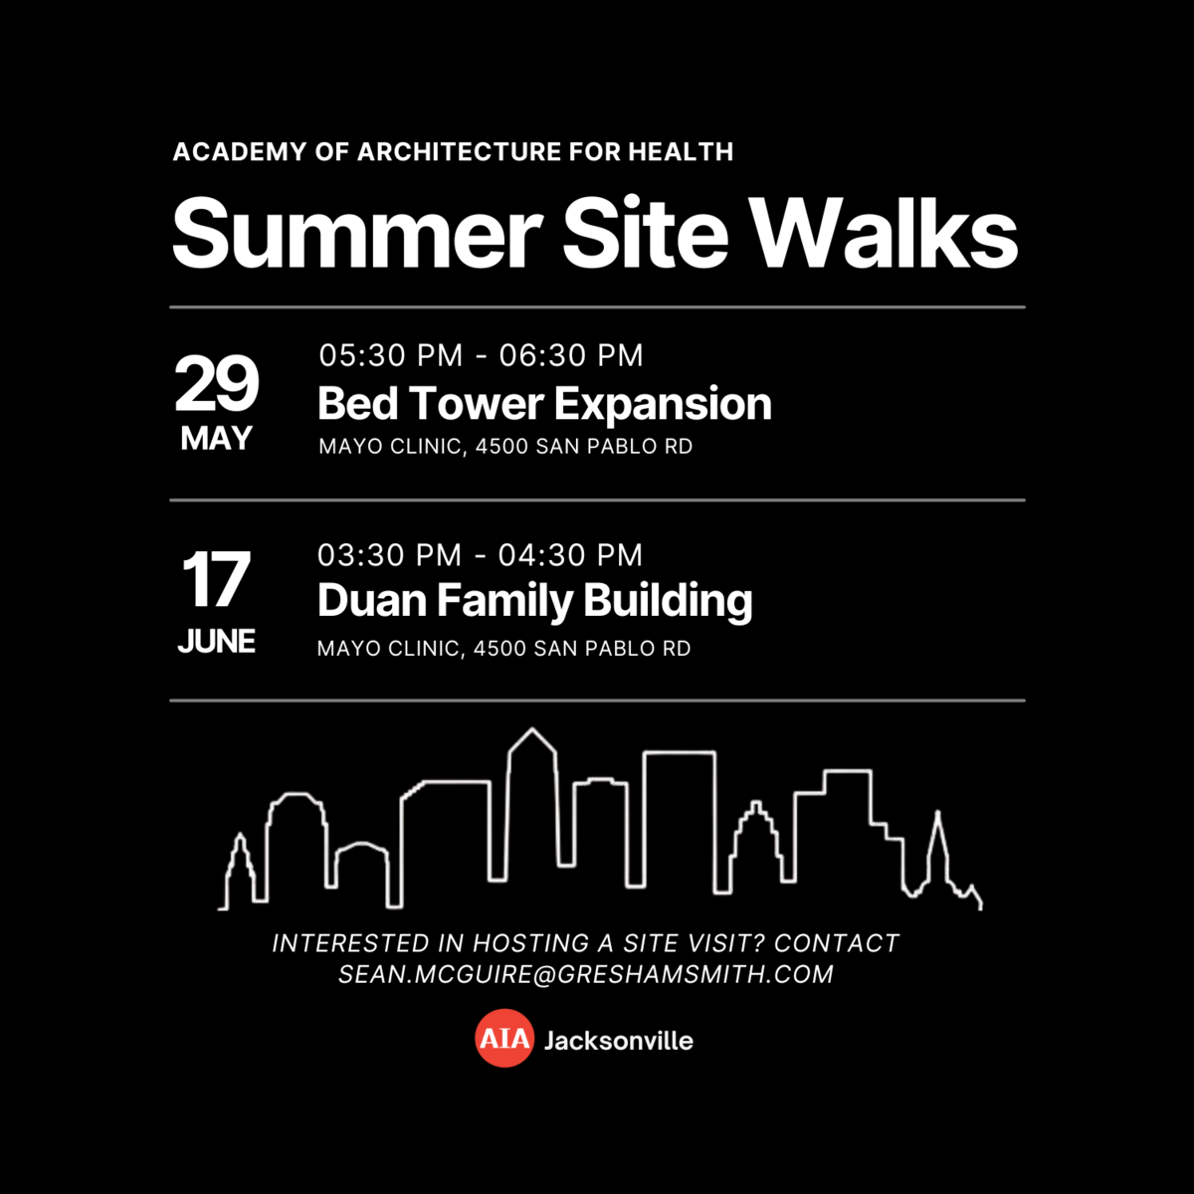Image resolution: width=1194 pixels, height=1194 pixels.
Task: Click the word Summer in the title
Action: [x=357, y=233]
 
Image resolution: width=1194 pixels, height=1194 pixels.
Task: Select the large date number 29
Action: [x=216, y=383]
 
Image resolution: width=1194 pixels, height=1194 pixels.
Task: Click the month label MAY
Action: [x=216, y=439]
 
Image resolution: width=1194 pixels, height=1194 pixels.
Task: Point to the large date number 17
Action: [x=216, y=579]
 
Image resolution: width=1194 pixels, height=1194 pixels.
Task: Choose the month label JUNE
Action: [x=216, y=642]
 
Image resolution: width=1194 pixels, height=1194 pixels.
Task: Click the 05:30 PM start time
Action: [x=391, y=355]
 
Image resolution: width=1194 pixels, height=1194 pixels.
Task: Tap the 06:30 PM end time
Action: [x=571, y=355]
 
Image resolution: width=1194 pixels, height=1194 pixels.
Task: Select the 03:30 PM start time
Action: [x=390, y=554]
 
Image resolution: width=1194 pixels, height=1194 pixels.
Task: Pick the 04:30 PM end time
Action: [x=570, y=554]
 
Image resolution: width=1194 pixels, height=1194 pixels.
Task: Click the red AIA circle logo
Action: [x=504, y=1039]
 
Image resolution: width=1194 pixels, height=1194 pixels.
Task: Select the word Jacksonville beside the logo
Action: [x=618, y=1041]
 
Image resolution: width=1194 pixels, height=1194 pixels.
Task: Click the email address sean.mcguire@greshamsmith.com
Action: [x=585, y=974]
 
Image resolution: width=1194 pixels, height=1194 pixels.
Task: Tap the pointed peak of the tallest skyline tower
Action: [x=531, y=729]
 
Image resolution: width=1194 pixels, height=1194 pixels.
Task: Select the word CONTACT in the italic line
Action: [x=836, y=943]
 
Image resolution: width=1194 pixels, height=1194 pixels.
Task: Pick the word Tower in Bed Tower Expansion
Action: [x=476, y=403]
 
